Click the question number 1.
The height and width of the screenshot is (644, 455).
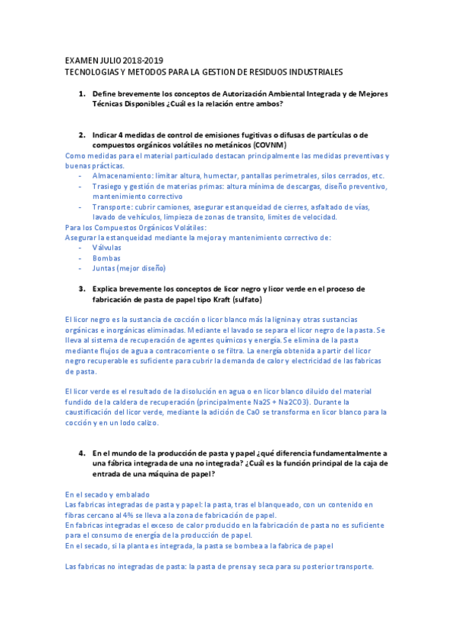[x=81, y=93]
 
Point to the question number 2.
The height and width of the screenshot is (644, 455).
[x=81, y=134]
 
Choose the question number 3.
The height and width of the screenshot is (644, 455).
[x=81, y=289]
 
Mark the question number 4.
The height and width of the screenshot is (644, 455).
[x=81, y=452]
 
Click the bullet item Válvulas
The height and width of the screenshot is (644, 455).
[x=107, y=247]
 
